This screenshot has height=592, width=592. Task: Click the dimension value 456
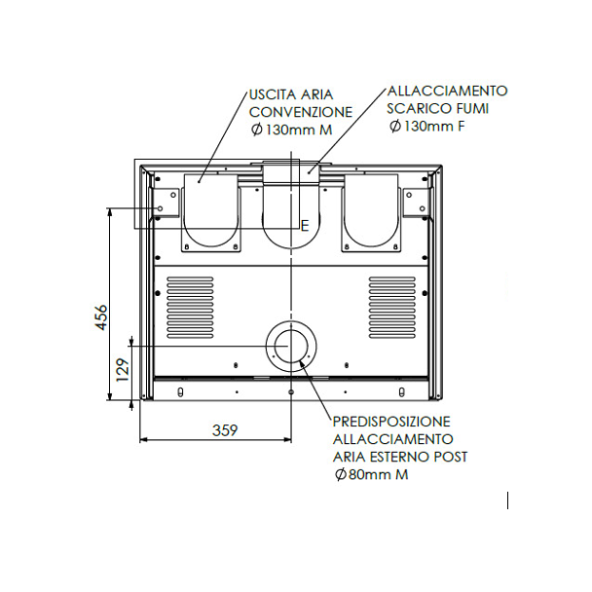pyautogui.click(x=101, y=317)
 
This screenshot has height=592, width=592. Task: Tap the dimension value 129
pyautogui.click(x=123, y=370)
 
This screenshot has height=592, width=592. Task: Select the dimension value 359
pyautogui.click(x=225, y=430)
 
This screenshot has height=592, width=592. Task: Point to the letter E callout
pyautogui.click(x=305, y=226)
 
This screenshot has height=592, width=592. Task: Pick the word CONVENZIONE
pyautogui.click(x=301, y=112)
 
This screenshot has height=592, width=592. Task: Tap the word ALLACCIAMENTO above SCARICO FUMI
pyautogui.click(x=447, y=91)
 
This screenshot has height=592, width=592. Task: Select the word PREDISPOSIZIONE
pyautogui.click(x=391, y=422)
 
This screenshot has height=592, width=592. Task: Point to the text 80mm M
pyautogui.click(x=379, y=474)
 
